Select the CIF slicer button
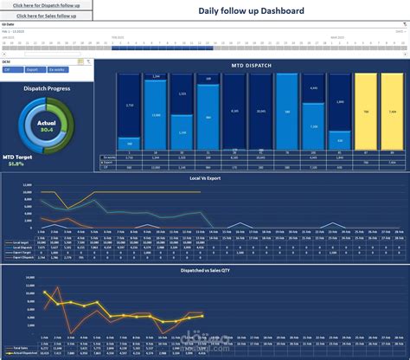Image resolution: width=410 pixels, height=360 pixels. point(11,68)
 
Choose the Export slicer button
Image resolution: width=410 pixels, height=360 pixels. point(33,68)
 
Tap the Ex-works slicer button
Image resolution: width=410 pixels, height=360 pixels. point(56,68)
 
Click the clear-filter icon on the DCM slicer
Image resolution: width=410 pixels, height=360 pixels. point(87,61)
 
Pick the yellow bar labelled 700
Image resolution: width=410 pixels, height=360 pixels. point(365,112)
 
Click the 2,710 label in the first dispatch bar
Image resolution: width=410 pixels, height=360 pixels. point(129,105)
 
